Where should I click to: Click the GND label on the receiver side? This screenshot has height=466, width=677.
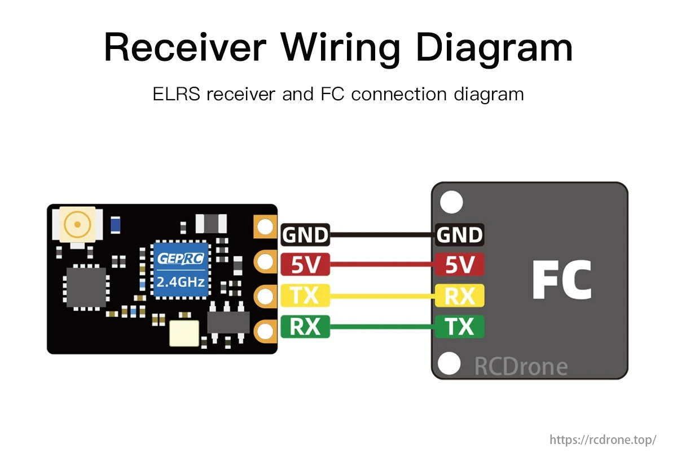[305, 235]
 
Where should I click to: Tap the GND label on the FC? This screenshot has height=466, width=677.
[459, 235]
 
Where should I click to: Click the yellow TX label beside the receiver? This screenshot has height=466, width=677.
[305, 295]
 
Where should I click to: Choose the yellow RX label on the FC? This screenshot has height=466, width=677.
[459, 295]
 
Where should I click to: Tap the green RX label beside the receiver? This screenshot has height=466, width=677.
[305, 326]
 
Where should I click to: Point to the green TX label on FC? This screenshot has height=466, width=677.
[459, 326]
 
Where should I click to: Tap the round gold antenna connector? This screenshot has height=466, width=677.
[77, 225]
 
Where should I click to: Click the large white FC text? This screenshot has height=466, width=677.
[561, 280]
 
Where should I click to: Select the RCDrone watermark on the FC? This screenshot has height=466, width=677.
[520, 366]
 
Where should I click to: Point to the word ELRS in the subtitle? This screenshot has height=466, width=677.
[177, 94]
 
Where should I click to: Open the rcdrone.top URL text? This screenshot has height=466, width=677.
[603, 440]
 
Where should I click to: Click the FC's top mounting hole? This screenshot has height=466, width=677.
[451, 202]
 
